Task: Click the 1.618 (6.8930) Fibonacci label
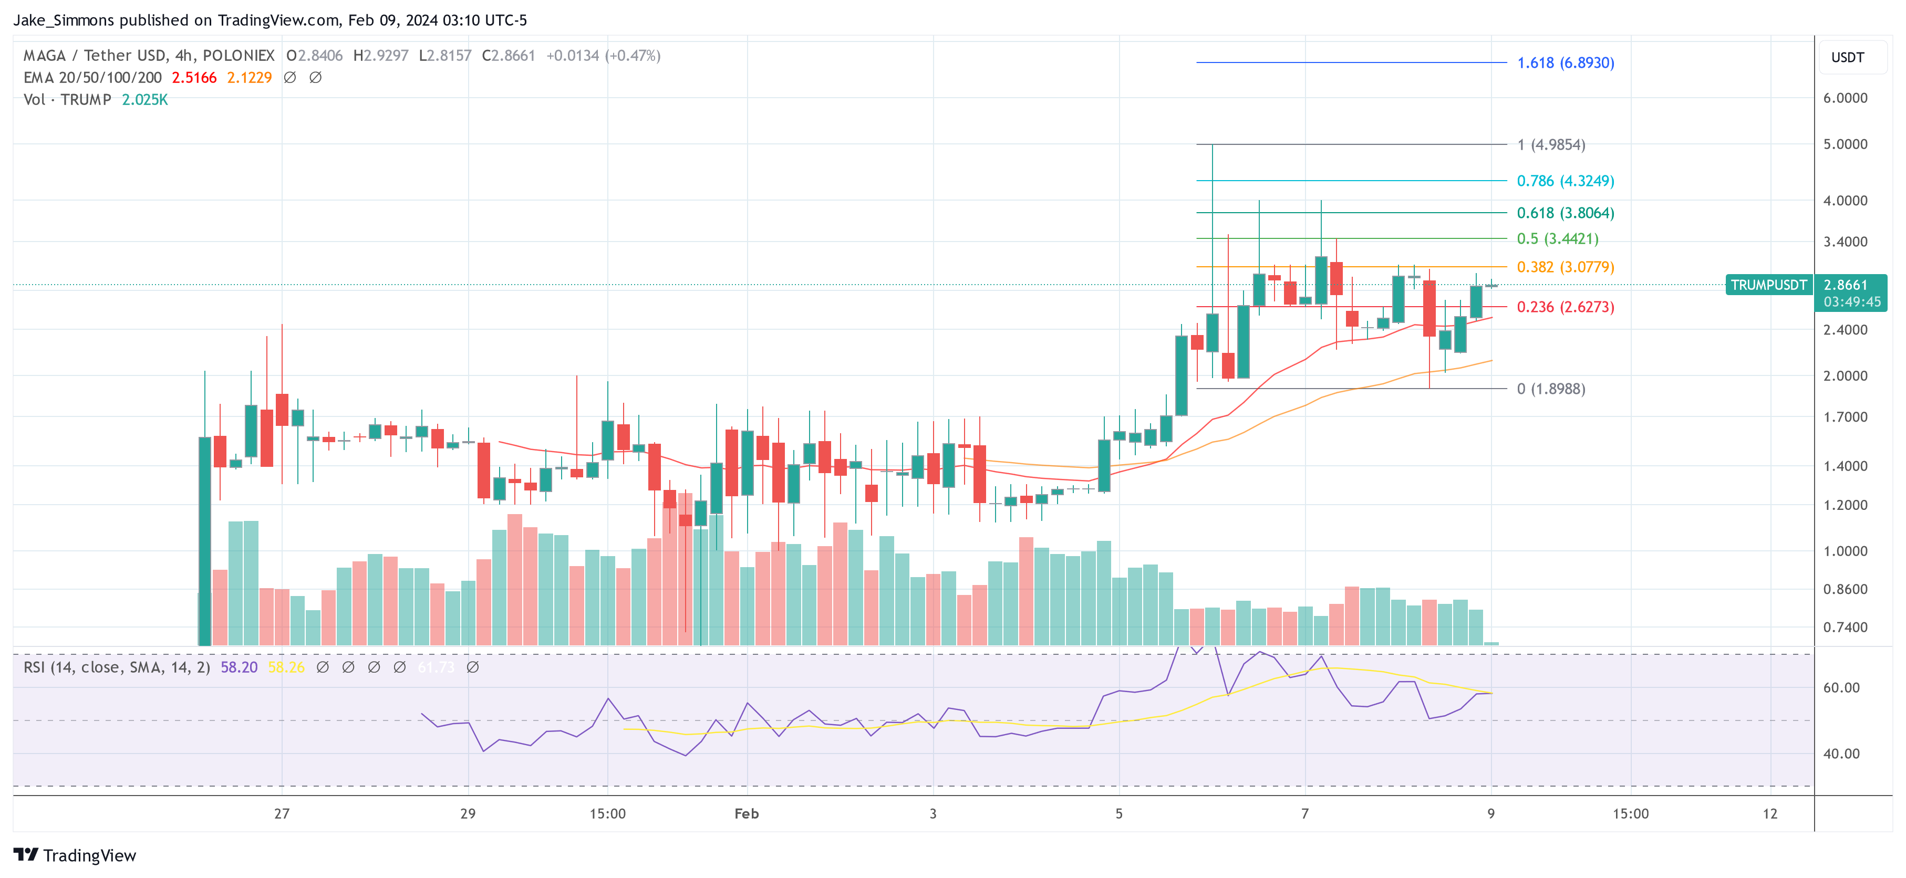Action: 1565,63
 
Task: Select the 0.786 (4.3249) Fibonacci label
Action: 1565,181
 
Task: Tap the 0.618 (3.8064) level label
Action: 1565,213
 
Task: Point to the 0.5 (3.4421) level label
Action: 1557,239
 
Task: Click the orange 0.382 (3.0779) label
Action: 1565,267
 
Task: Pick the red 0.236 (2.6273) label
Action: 1565,307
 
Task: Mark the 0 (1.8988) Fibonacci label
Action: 1550,389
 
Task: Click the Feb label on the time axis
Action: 746,813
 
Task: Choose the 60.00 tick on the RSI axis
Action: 1841,688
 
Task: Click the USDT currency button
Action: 1848,58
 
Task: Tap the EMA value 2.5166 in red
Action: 194,78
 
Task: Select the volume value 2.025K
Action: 145,100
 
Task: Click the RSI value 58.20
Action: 239,667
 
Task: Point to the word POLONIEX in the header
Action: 239,56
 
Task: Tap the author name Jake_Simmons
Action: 64,20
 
